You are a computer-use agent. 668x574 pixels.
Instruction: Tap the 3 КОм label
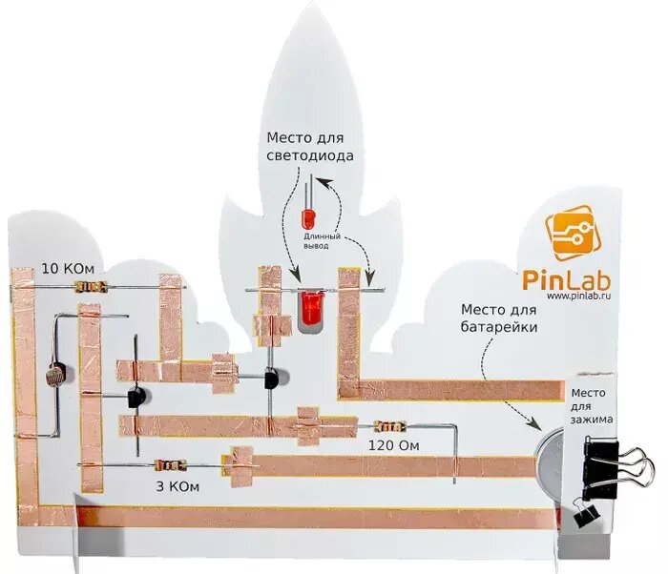click(x=177, y=487)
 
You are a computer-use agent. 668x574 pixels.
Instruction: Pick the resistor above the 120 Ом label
click(x=390, y=426)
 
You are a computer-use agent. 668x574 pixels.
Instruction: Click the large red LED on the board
click(x=310, y=309)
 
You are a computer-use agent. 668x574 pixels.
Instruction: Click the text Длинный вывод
click(x=317, y=239)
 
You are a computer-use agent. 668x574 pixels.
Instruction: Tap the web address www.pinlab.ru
click(x=577, y=297)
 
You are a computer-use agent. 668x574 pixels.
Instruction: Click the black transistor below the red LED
click(x=274, y=379)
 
